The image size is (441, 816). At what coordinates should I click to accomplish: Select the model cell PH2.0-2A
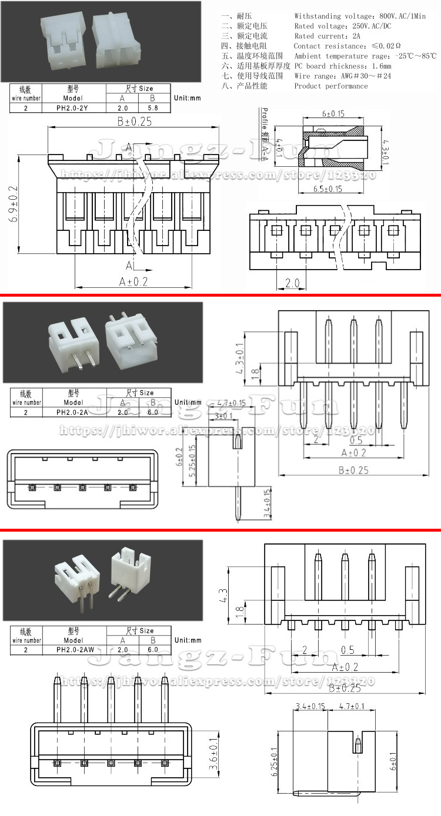coord(73,412)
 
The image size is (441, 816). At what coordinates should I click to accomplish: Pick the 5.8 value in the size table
coord(152,108)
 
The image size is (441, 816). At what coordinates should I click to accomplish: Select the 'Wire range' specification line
coord(342,76)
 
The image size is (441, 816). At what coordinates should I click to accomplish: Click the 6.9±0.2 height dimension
coord(13,204)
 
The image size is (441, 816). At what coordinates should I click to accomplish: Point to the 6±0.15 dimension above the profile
coord(333,113)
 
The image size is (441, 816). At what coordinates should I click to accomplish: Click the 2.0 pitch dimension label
coord(292,283)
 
